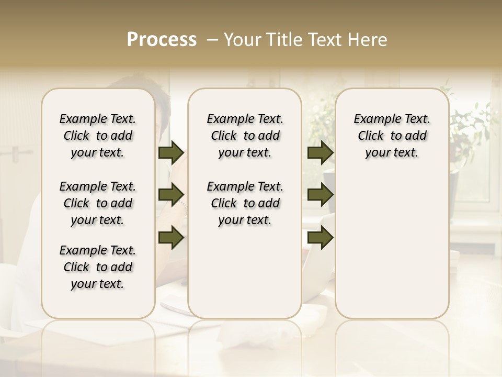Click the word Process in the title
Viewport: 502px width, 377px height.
(162, 40)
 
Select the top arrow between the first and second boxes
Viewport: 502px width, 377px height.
(171, 153)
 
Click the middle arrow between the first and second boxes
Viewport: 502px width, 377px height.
(171, 195)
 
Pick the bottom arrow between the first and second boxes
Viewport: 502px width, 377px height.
(171, 237)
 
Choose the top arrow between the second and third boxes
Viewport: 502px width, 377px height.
(320, 153)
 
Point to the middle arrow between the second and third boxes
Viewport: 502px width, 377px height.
(320, 195)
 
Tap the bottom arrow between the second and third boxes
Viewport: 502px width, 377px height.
(320, 237)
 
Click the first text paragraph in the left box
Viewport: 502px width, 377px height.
(98, 136)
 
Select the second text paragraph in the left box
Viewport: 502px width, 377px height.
(98, 203)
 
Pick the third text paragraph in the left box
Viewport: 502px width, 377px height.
(98, 267)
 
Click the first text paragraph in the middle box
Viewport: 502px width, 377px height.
(245, 136)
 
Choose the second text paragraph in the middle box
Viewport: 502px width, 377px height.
(245, 203)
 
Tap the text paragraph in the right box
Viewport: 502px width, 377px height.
(392, 136)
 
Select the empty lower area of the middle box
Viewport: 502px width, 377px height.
(245, 272)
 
